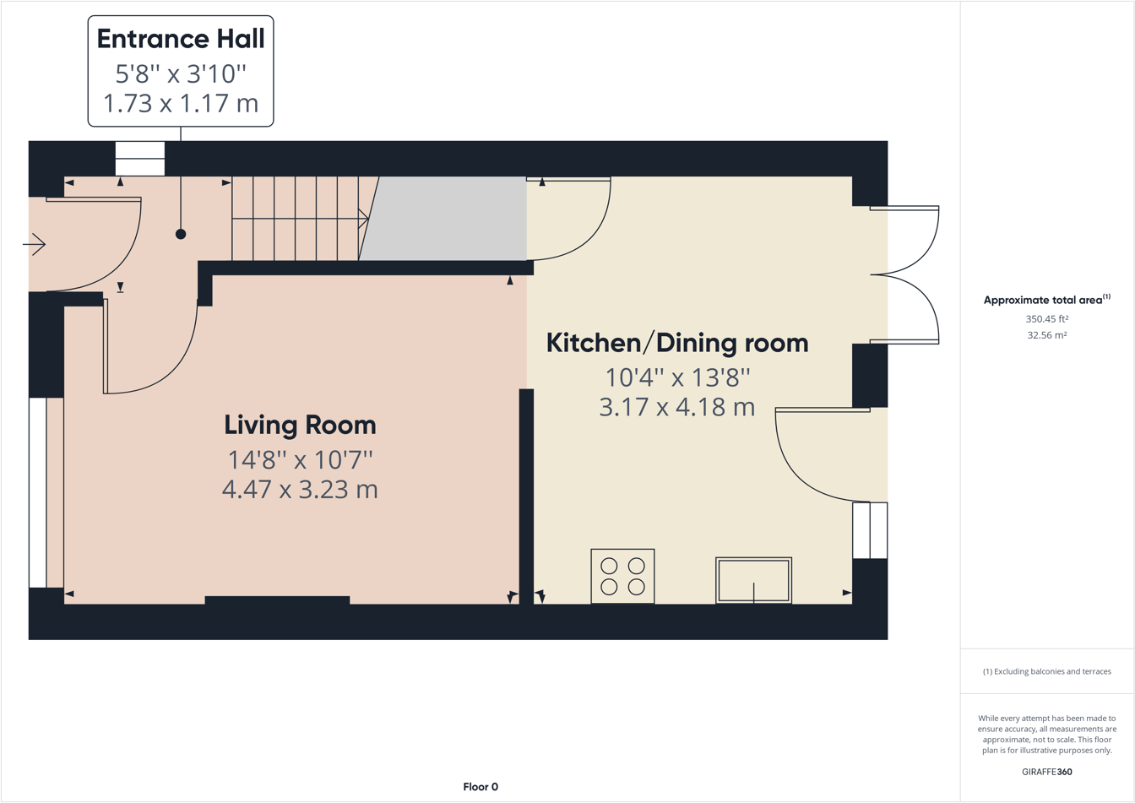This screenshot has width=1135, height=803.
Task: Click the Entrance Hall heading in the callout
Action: (181, 39)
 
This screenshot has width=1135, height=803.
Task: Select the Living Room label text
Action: (300, 425)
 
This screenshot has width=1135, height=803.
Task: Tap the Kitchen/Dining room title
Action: (677, 343)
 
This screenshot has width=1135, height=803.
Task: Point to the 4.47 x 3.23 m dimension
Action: (300, 489)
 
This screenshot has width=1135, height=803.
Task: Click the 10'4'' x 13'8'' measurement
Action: (677, 376)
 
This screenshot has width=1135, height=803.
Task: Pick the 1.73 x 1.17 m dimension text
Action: (181, 103)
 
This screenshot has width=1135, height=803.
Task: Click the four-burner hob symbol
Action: (622, 577)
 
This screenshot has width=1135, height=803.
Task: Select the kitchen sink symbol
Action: (753, 580)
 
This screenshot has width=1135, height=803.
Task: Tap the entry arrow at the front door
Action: (34, 245)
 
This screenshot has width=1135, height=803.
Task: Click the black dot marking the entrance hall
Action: (181, 234)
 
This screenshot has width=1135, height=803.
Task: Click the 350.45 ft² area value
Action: (1046, 319)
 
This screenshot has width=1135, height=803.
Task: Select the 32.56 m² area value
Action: (1046, 335)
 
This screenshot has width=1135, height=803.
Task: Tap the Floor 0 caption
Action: (481, 787)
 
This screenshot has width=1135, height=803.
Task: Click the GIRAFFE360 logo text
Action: (1046, 772)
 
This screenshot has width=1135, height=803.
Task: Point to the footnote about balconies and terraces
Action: (1046, 671)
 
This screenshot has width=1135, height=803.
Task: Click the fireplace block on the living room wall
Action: (277, 600)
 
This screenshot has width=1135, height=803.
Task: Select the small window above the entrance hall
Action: (140, 159)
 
